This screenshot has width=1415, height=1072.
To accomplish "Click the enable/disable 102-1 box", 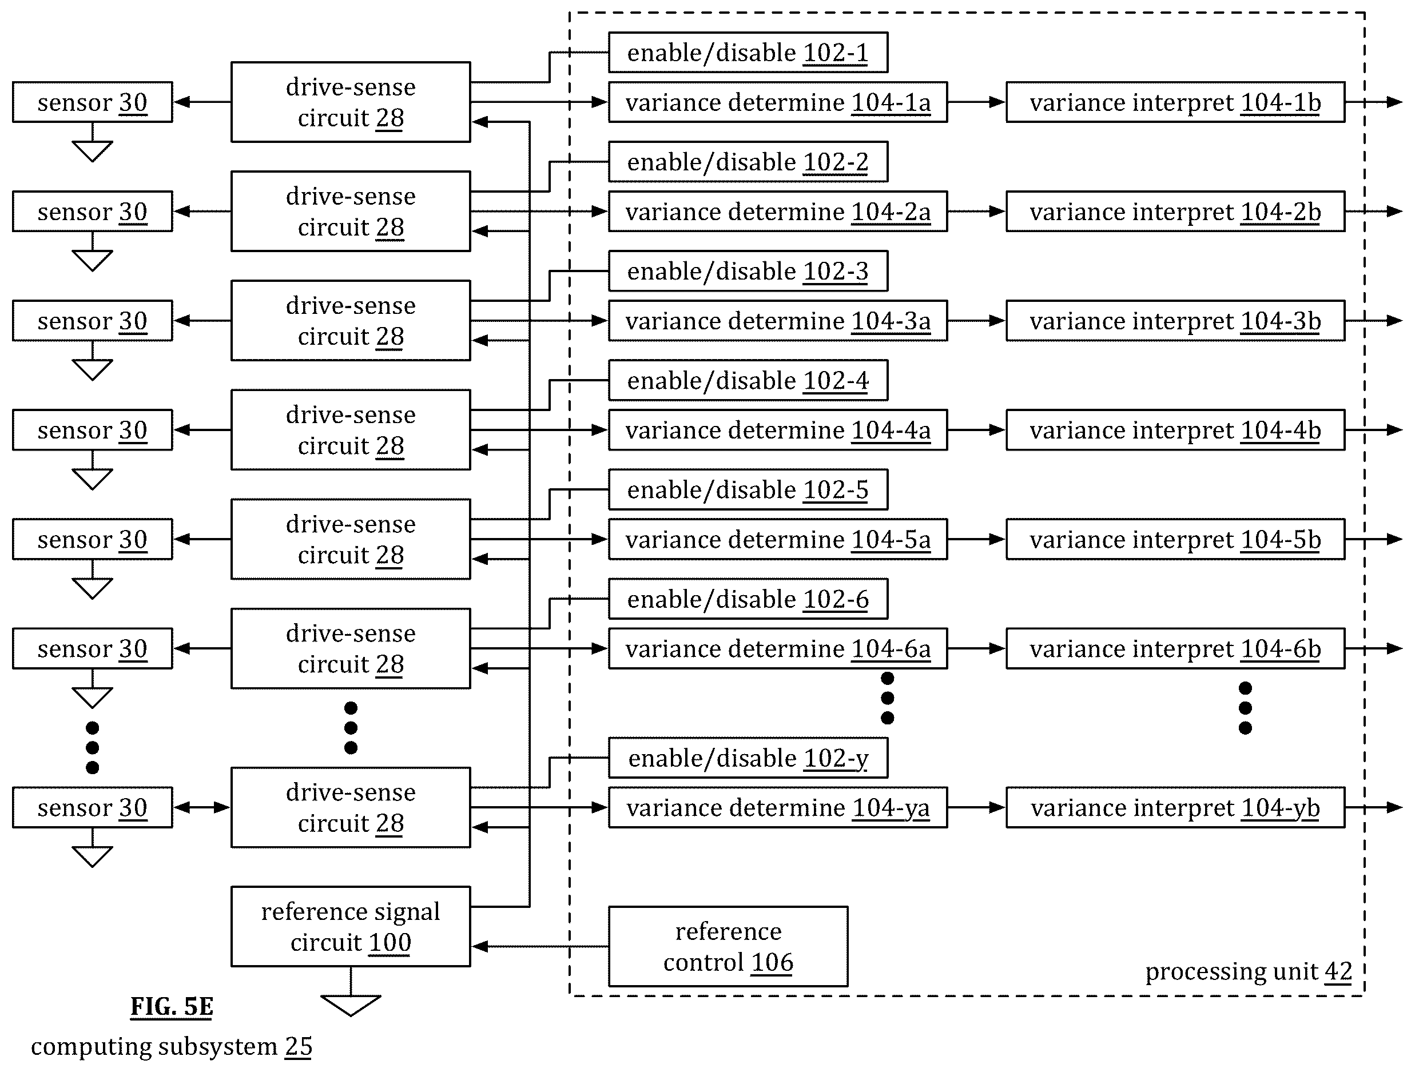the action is click(x=748, y=53).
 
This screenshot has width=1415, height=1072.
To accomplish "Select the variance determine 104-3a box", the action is click(x=778, y=320).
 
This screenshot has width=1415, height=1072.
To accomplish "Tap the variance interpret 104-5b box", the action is click(x=1175, y=539).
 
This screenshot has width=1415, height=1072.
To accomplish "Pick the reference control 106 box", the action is click(x=728, y=946).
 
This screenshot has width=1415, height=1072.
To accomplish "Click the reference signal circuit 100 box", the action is click(x=351, y=926).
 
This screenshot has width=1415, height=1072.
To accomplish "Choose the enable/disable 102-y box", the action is click(x=748, y=758).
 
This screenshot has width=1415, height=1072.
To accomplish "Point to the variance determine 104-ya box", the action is click(x=778, y=807).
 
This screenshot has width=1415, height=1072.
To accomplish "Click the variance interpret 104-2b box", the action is click(x=1175, y=211).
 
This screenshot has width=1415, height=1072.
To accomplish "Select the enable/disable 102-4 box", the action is click(x=748, y=381).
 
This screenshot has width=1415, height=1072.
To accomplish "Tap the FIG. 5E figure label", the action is click(x=172, y=1007).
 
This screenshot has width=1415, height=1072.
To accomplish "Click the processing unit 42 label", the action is click(x=1248, y=971).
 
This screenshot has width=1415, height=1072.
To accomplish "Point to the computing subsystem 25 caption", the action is click(x=172, y=1046).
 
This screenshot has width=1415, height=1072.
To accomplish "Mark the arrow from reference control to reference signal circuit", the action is click(x=540, y=946).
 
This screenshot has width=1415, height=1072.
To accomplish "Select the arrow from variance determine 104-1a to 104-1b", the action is click(x=977, y=102).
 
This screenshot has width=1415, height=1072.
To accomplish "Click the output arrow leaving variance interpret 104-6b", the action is click(x=1374, y=648).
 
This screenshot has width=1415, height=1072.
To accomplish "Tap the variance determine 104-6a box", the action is click(x=778, y=648).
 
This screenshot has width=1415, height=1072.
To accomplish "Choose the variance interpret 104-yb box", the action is click(x=1175, y=807).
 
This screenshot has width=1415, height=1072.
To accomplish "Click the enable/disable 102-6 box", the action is click(x=748, y=599).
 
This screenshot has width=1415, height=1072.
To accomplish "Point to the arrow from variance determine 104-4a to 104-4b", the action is click(x=977, y=430).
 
